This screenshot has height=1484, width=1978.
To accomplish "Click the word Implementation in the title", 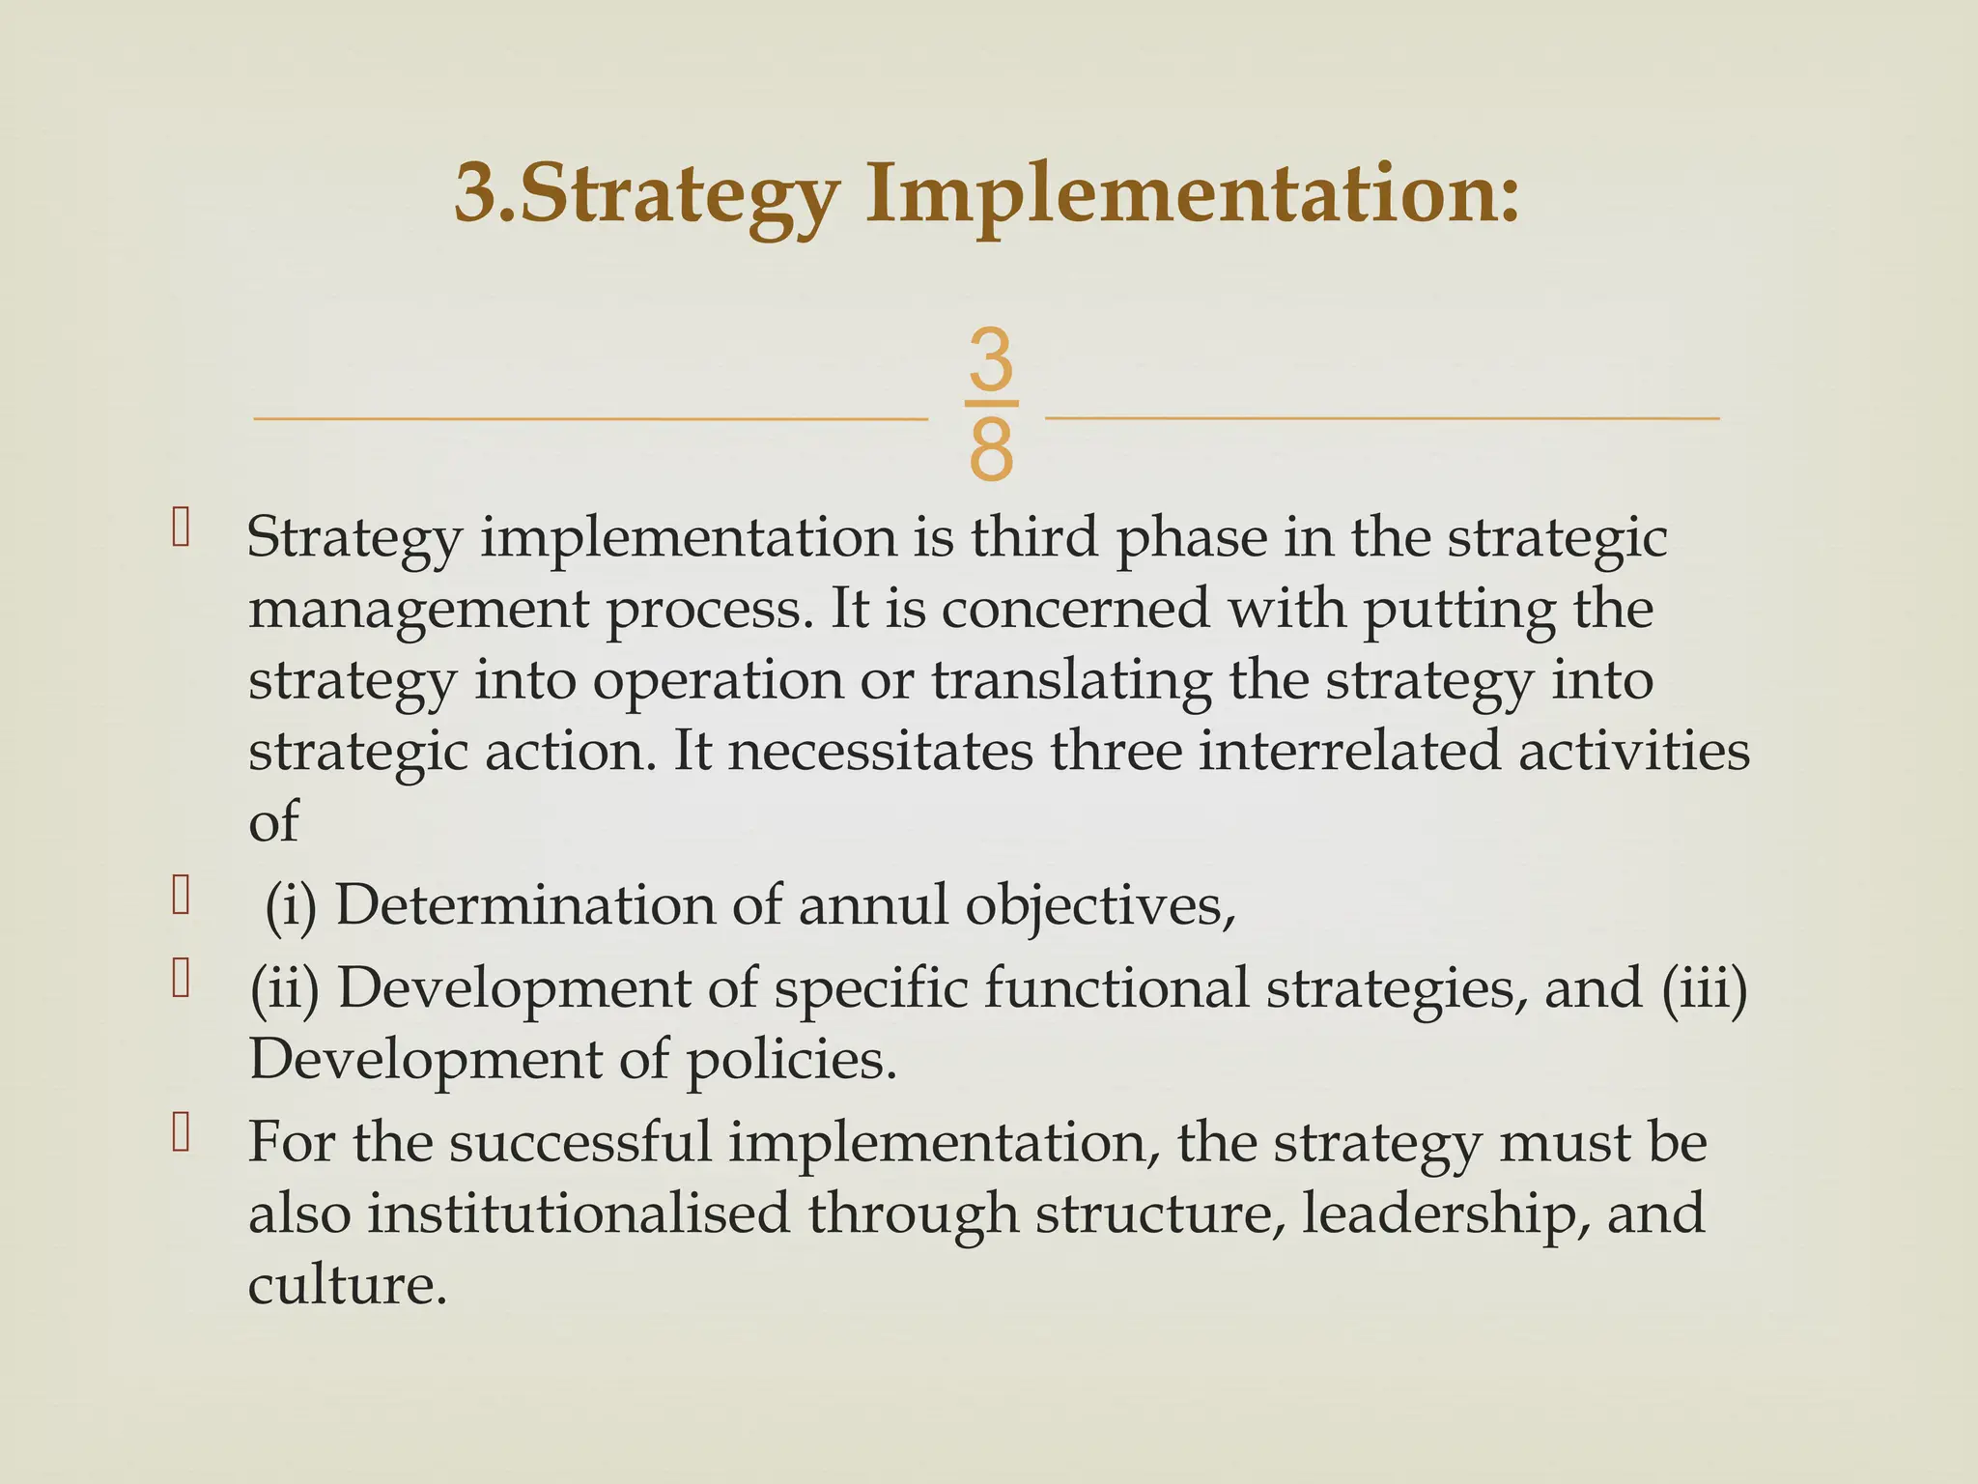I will (1192, 194).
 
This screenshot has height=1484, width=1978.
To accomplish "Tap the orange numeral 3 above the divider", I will (991, 358).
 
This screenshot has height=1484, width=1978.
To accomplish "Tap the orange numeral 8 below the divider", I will (991, 450).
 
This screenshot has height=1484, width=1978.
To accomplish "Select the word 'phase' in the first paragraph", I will (1191, 539).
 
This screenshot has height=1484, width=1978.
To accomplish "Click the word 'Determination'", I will (524, 905).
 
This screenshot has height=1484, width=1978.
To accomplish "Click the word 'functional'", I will (1116, 989).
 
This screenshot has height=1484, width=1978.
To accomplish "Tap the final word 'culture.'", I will (348, 1285).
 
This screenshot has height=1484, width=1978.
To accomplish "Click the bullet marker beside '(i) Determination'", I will (181, 896).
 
